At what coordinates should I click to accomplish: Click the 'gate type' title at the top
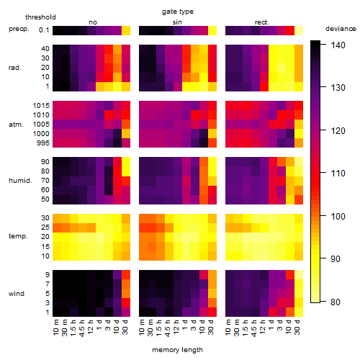point(178,12)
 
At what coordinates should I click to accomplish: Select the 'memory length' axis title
point(177,350)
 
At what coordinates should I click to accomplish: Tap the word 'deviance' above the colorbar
point(341,29)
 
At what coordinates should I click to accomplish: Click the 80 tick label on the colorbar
point(336,302)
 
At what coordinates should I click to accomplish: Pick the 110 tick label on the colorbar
point(338,174)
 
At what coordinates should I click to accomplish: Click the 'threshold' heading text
point(40,17)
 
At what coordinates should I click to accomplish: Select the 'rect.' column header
point(262,22)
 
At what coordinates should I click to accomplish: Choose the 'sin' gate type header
point(177,22)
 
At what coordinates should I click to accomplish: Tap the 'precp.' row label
point(19,29)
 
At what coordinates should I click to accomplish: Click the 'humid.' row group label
point(20,181)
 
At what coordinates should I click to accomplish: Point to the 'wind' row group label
point(17,294)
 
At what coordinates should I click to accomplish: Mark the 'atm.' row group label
point(16,125)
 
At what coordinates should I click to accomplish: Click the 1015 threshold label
point(41,106)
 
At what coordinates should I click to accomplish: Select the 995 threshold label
point(43,143)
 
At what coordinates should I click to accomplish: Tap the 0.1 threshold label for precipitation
point(44,30)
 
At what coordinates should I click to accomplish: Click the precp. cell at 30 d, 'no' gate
point(126,30)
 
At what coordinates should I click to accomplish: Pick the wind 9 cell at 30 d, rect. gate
point(299,275)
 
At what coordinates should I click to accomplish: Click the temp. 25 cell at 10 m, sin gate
point(143,228)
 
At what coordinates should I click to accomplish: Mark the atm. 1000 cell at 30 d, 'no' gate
point(126,134)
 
